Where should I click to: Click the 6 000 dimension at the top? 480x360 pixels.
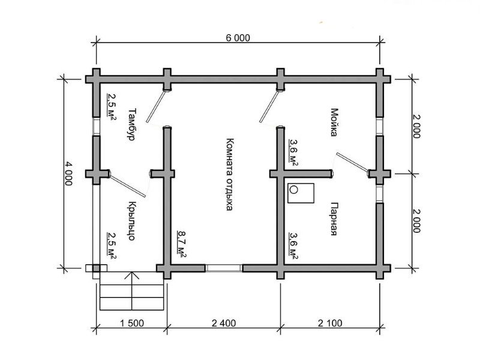coord(238,38)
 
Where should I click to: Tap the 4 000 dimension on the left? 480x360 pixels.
coord(68,173)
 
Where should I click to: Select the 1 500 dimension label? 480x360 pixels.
coord(132,323)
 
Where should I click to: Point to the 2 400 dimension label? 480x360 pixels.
coord(224,323)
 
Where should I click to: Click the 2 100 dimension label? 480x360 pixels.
coord(330,323)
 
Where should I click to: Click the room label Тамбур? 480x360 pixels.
coord(131,124)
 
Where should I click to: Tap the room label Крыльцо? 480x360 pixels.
coord(131,221)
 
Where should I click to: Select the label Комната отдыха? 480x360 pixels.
coord(230,175)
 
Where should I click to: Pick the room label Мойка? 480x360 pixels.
coord(334,122)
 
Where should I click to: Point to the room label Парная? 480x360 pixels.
coord(334,218)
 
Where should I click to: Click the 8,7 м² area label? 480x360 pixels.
coord(182,244)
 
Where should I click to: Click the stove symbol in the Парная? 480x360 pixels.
coord(301,193)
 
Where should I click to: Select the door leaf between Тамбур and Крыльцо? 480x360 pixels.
coord(128,186)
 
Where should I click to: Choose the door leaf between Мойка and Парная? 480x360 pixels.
coord(352,161)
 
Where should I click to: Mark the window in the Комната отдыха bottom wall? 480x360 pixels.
coord(224,268)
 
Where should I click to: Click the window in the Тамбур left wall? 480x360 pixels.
coord(97,127)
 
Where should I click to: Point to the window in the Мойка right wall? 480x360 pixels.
coord(380,127)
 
